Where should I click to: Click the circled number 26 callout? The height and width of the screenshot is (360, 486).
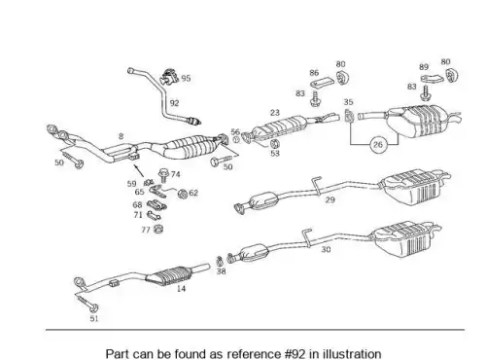[x=378, y=144]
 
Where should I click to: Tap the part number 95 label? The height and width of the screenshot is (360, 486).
[x=186, y=78]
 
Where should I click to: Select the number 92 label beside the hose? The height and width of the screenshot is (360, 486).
[x=174, y=103]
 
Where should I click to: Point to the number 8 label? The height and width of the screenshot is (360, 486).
[x=121, y=136]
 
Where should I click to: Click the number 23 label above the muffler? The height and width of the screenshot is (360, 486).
[x=275, y=113]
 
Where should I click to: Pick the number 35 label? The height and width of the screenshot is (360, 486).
[x=348, y=102]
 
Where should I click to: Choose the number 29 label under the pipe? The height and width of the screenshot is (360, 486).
[x=330, y=199]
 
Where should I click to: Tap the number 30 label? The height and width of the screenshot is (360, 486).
[x=326, y=249]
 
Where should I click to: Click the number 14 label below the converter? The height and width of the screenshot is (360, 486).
[x=181, y=288]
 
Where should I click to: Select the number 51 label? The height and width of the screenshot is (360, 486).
[x=94, y=318]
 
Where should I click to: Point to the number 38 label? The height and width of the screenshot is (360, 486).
[x=221, y=270]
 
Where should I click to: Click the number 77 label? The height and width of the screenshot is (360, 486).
[x=146, y=230]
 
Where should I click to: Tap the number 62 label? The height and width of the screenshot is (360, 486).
[x=193, y=193]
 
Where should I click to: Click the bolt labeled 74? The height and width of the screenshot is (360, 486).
[x=164, y=175]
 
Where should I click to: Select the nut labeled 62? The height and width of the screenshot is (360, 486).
[x=183, y=194]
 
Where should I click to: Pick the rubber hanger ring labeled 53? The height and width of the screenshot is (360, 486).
[x=275, y=143]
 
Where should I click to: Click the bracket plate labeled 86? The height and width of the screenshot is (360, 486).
[x=323, y=83]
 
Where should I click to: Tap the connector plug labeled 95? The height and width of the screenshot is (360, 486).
[x=169, y=77]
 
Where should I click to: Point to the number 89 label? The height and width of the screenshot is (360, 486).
[x=424, y=67]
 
